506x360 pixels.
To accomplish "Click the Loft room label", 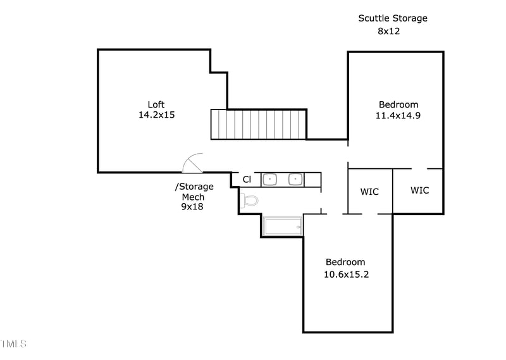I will [156, 104].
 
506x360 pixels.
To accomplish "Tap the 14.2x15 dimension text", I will [156, 115].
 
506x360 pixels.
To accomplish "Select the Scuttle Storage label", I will [393, 18].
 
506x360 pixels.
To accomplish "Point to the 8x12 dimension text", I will [389, 30].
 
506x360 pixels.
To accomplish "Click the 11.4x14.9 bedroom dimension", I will [398, 116].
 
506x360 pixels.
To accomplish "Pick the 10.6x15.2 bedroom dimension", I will [345, 274].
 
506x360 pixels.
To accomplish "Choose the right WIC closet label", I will [419, 190].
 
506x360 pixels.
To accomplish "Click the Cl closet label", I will [247, 180].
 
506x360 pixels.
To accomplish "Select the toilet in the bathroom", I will [250, 201].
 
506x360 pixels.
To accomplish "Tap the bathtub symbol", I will [283, 227].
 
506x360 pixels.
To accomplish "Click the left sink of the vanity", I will [270, 180].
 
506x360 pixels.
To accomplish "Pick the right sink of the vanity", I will [295, 180].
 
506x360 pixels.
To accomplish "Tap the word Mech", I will [193, 197].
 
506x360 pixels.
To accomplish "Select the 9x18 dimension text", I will [192, 206].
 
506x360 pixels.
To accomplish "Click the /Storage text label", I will [194, 187].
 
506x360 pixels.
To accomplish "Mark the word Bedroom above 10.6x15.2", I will [345, 263].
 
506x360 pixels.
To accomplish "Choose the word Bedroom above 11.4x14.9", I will [398, 104].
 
